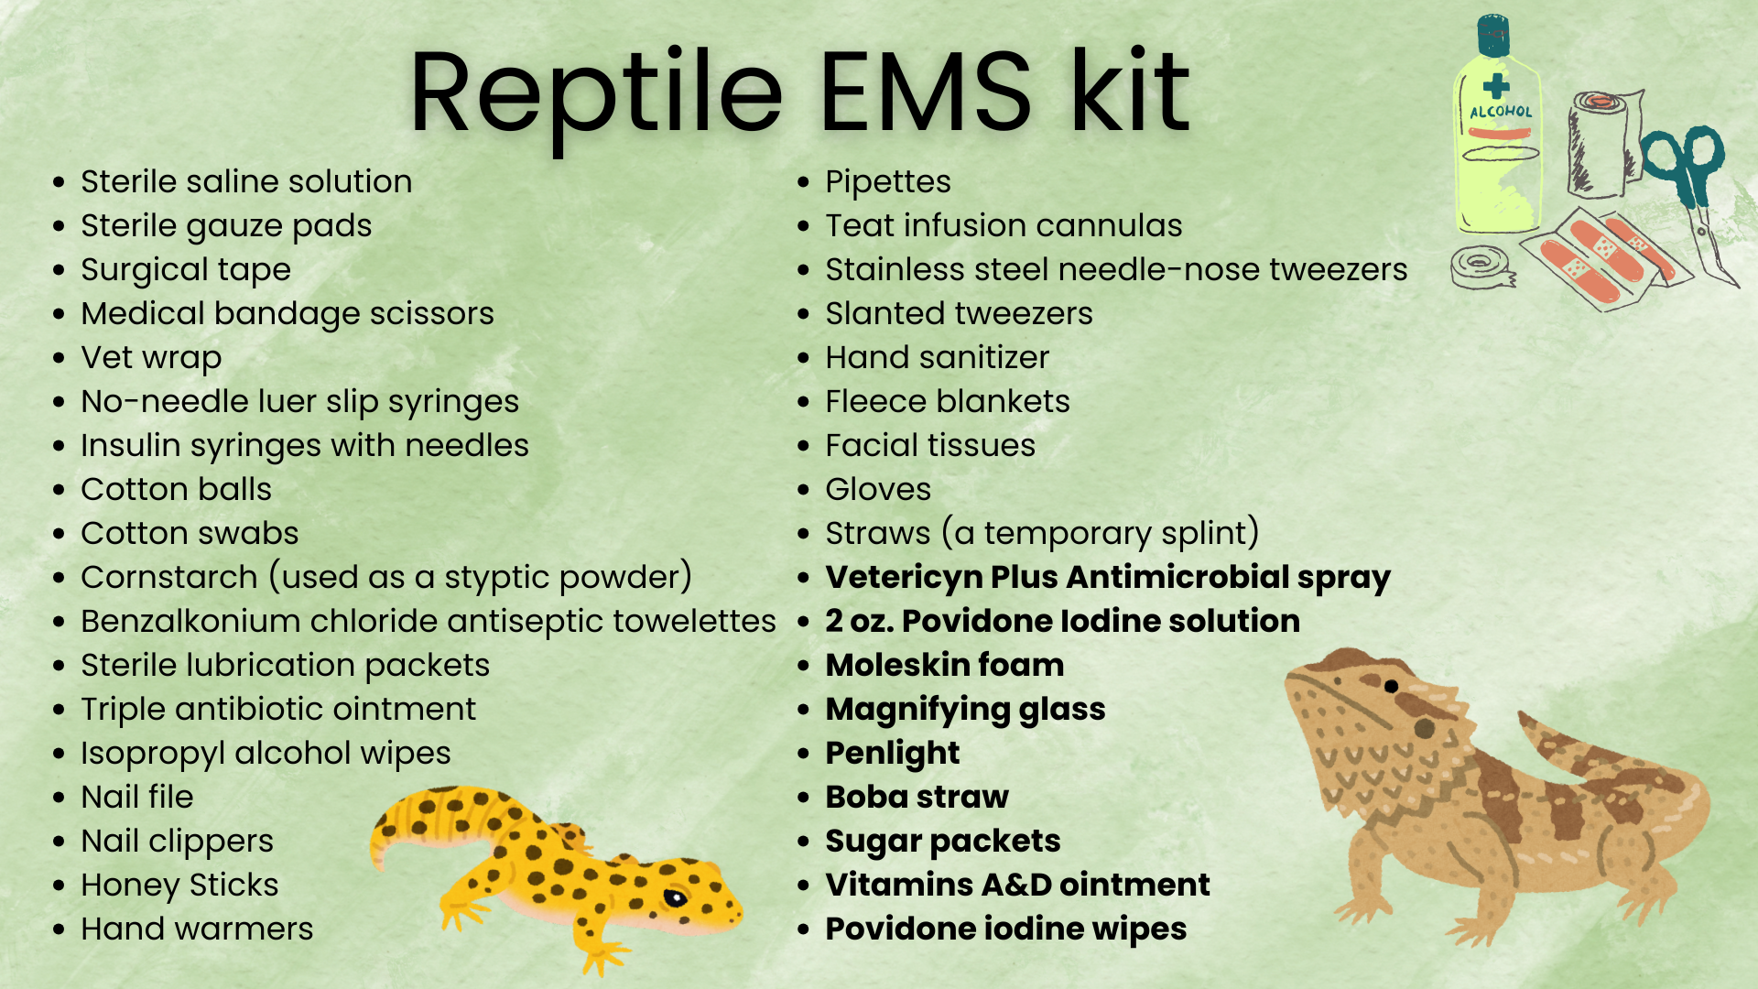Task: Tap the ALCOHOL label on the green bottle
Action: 1501,112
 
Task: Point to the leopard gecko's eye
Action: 675,897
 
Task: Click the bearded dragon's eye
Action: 1391,686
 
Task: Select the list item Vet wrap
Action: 151,358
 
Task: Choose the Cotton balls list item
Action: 176,489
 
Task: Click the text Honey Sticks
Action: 179,886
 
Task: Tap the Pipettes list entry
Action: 888,182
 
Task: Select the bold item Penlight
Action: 893,754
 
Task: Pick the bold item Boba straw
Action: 917,797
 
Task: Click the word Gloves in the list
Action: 878,489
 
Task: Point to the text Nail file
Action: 137,797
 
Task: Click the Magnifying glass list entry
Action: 965,710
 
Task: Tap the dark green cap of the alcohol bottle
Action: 1493,35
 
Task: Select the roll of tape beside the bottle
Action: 1482,267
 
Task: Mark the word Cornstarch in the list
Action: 169,577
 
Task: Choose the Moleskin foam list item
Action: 945,665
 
